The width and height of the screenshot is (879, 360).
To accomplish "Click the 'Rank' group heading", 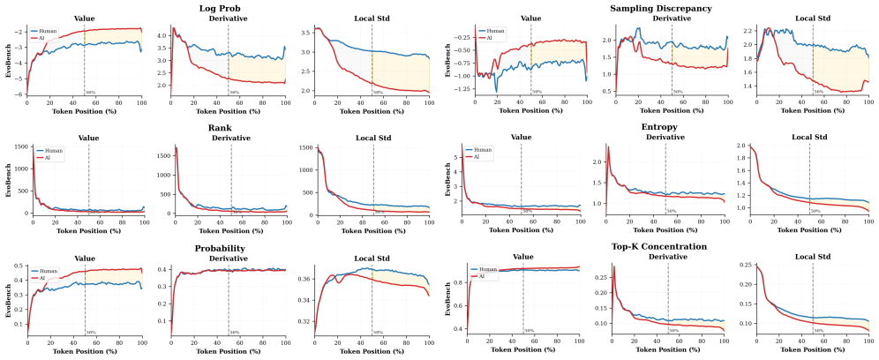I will click(x=230, y=129).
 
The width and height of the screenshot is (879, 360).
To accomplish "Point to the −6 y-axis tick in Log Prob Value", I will click(x=20, y=94).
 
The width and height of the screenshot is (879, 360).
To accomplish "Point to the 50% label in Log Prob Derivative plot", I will click(x=234, y=92).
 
